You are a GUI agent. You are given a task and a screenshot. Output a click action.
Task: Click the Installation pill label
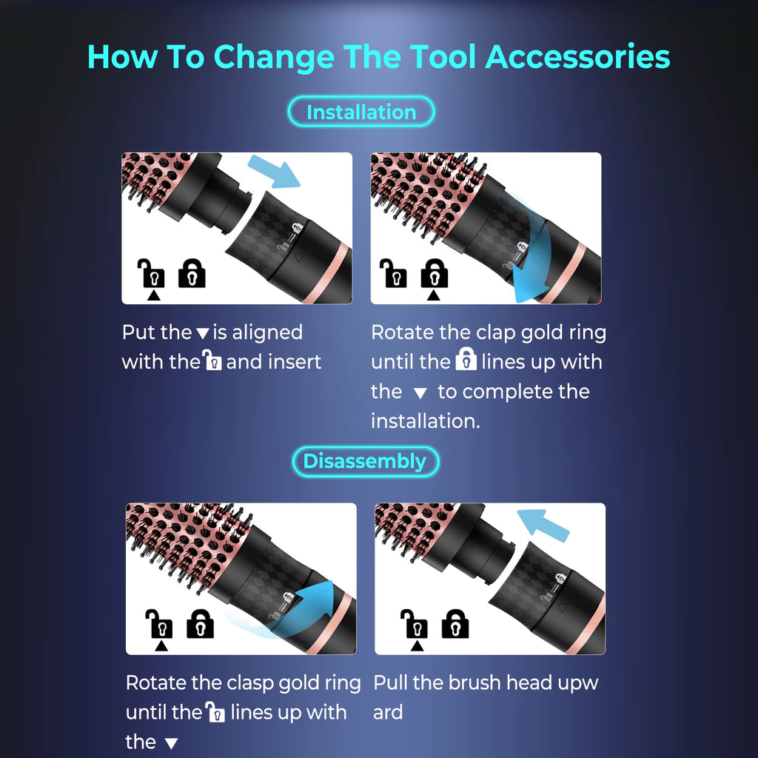(360, 113)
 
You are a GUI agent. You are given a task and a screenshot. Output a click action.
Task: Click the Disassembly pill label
(365, 461)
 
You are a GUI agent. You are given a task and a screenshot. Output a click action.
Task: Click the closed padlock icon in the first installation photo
(192, 273)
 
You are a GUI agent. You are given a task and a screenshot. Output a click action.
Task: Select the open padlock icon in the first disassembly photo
(161, 624)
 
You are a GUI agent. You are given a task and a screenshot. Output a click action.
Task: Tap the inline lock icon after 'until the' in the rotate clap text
(466, 361)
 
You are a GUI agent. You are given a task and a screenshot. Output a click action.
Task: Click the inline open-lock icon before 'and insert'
(213, 362)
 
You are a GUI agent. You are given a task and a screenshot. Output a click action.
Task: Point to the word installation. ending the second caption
(426, 420)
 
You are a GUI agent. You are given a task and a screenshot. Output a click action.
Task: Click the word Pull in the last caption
(390, 682)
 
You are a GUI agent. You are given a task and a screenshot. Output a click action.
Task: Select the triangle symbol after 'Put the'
(203, 334)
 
